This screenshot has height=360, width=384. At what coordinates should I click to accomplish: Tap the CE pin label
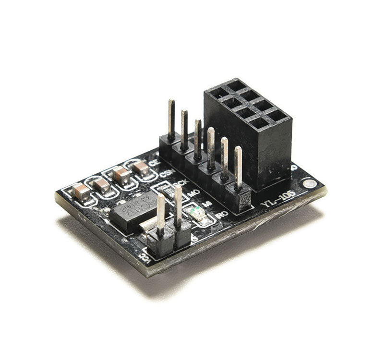click(x=154, y=163)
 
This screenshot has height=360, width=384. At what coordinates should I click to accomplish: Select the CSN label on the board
click(x=166, y=173)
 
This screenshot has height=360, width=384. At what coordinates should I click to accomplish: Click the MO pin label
click(x=193, y=193)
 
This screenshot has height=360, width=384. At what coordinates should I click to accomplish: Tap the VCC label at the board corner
click(x=143, y=258)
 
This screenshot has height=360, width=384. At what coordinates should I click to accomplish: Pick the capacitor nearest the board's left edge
click(x=82, y=191)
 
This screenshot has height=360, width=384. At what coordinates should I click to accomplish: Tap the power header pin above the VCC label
click(x=160, y=214)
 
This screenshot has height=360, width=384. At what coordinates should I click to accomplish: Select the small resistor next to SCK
click(x=168, y=191)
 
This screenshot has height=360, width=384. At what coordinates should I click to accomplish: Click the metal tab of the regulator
click(x=150, y=224)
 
